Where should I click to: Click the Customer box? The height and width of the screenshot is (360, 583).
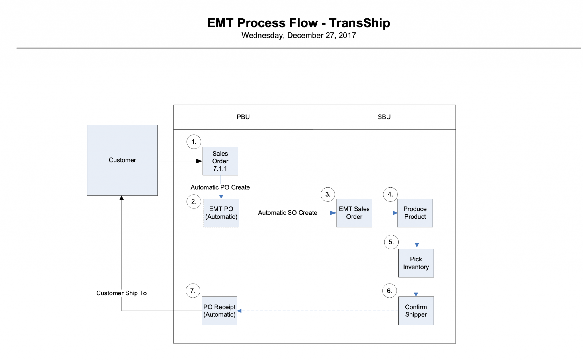(122, 160)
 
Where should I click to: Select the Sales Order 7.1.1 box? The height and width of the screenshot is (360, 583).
(220, 161)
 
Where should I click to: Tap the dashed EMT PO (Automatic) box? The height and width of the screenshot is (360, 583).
(221, 213)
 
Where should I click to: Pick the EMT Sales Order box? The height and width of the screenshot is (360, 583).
(354, 213)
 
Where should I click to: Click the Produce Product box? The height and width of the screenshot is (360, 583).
(415, 213)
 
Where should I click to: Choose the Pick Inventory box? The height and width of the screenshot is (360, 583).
(416, 263)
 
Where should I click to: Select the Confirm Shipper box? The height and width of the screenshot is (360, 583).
(416, 311)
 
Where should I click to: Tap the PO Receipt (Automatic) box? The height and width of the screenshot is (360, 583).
(219, 311)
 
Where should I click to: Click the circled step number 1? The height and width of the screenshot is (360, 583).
(194, 142)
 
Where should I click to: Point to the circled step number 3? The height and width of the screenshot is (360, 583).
(328, 194)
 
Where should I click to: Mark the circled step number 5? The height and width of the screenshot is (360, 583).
(391, 242)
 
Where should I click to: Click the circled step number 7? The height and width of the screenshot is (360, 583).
(193, 291)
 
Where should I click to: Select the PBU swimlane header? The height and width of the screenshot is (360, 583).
(243, 117)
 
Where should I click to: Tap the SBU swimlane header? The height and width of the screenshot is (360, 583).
(384, 117)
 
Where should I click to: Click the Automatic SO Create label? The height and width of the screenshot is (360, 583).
(288, 213)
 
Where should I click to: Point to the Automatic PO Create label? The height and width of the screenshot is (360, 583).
(220, 187)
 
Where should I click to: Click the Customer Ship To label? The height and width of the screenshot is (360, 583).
(121, 293)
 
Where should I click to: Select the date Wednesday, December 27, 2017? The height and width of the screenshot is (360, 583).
(299, 35)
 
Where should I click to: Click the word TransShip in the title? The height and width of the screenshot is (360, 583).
(360, 23)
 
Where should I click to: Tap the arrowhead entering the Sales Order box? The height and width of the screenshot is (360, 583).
(200, 161)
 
